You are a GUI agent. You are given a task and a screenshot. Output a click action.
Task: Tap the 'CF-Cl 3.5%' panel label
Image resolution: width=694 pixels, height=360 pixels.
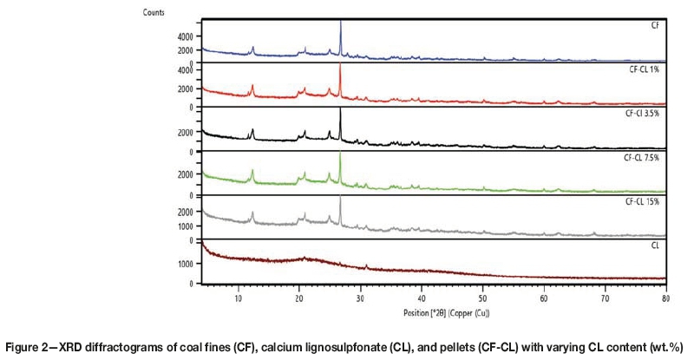644,112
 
